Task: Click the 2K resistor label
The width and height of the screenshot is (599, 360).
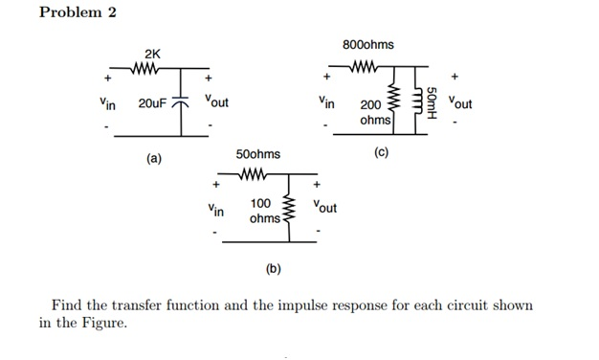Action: [x=153, y=53]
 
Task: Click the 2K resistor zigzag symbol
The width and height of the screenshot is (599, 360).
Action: [x=154, y=69]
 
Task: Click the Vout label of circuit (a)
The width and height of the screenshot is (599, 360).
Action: [x=215, y=101]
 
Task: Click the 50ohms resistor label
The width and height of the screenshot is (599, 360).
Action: [x=258, y=154]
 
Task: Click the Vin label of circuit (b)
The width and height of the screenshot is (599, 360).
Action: [x=215, y=208]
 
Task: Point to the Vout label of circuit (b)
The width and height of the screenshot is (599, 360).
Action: [x=325, y=208]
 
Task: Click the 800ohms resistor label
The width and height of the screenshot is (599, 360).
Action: [x=367, y=45]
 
